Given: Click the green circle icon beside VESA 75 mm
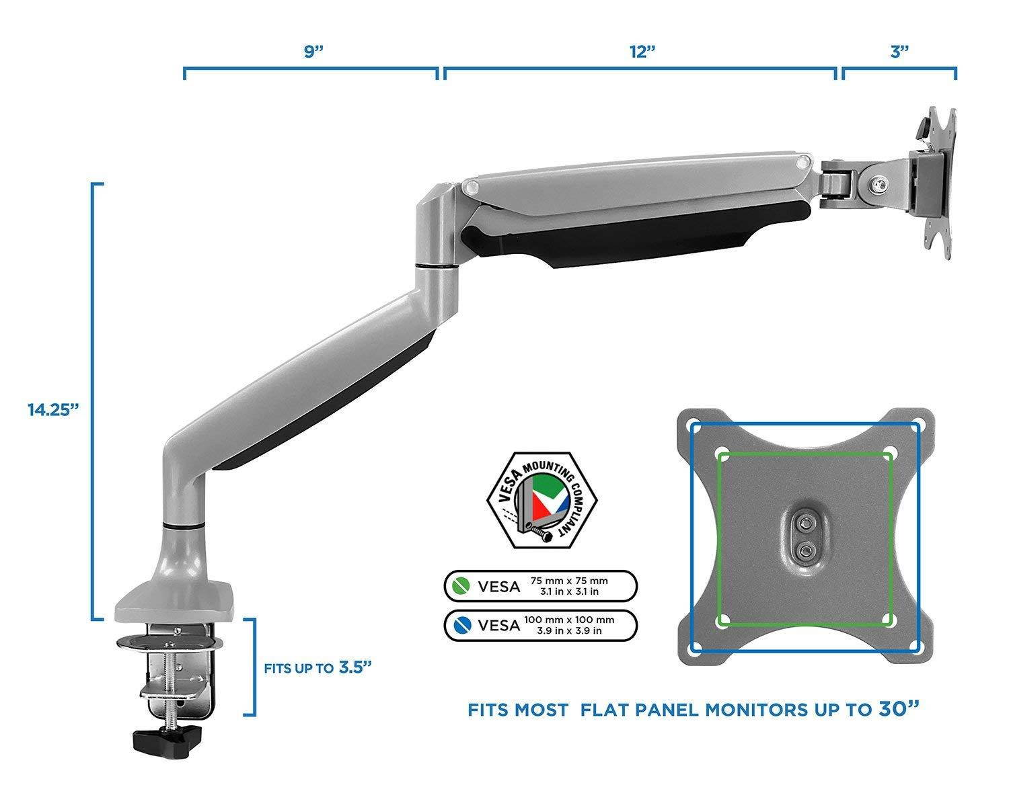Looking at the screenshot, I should [462, 585].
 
